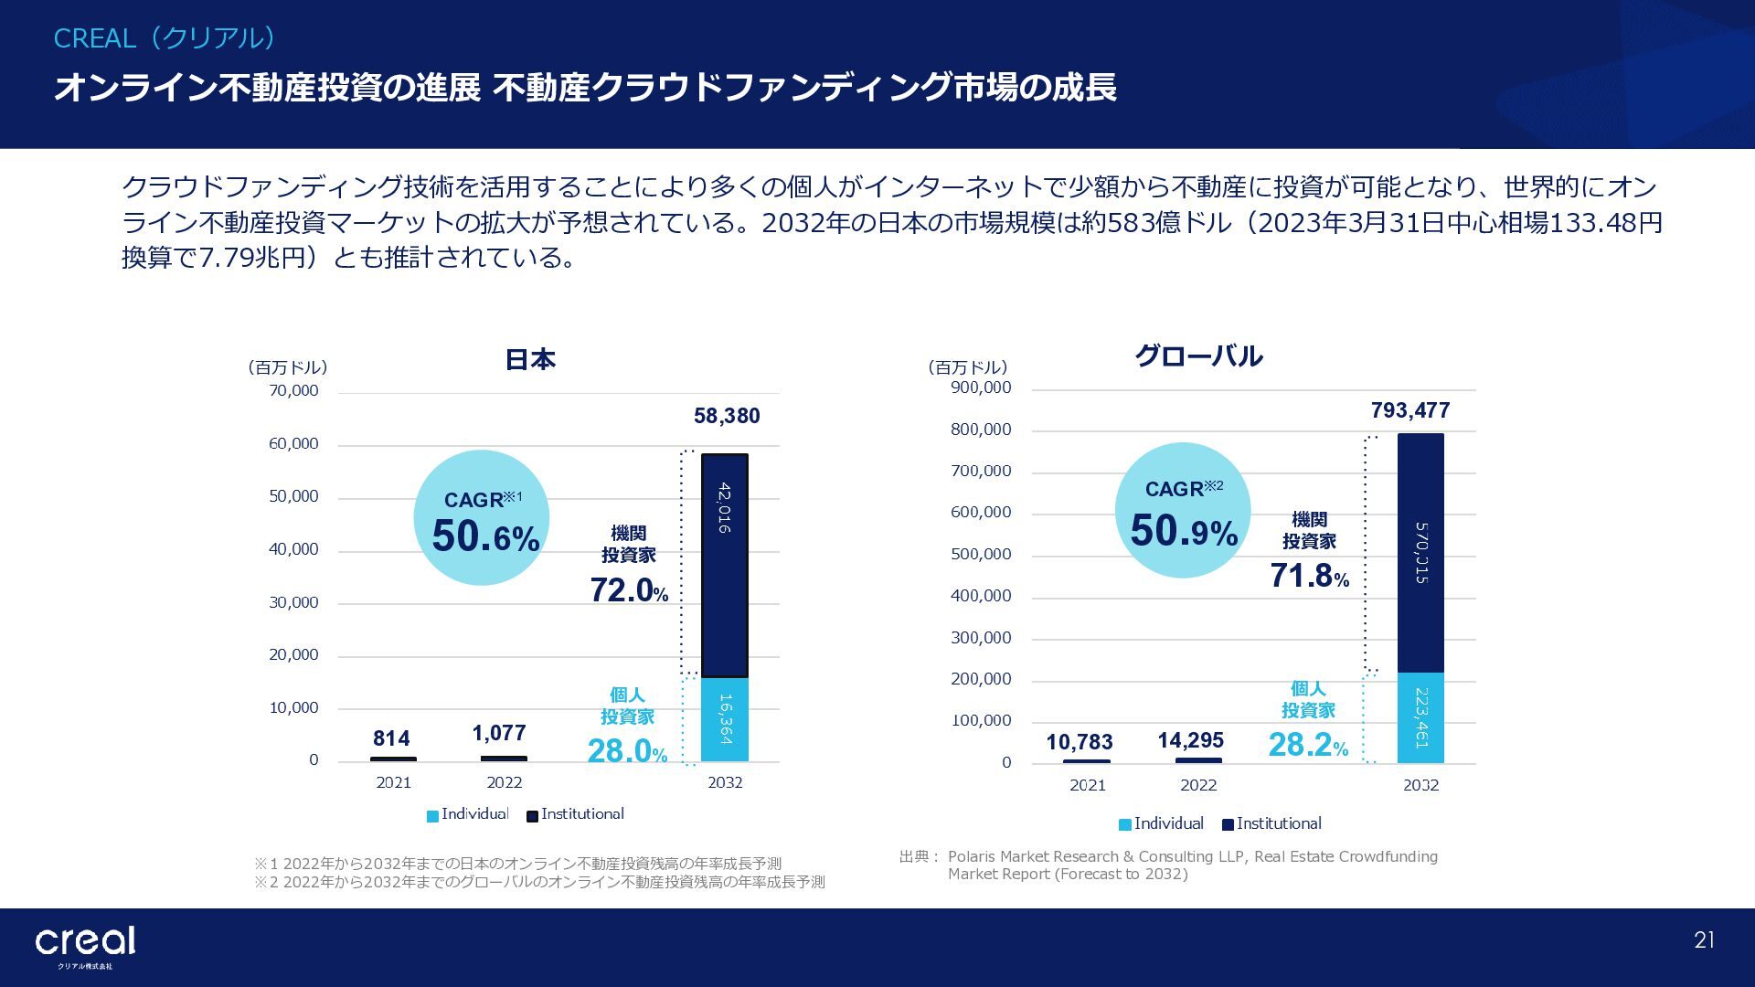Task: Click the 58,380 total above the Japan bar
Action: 727,416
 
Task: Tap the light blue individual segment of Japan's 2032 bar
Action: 724,719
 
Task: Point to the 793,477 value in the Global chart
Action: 1410,410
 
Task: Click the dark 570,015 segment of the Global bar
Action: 1420,553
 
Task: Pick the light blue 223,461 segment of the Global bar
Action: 1420,717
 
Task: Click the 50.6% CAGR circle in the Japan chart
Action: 482,517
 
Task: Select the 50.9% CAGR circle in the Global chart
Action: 1183,511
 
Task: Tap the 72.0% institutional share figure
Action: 628,590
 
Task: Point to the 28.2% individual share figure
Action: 1308,745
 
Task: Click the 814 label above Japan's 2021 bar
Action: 391,738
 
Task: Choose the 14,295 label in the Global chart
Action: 1190,740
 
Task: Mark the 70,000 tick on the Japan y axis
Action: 293,391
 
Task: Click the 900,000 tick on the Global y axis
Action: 981,387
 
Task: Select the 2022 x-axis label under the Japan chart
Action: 504,782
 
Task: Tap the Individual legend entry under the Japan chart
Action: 467,814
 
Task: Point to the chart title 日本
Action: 530,359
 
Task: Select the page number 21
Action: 1704,940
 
